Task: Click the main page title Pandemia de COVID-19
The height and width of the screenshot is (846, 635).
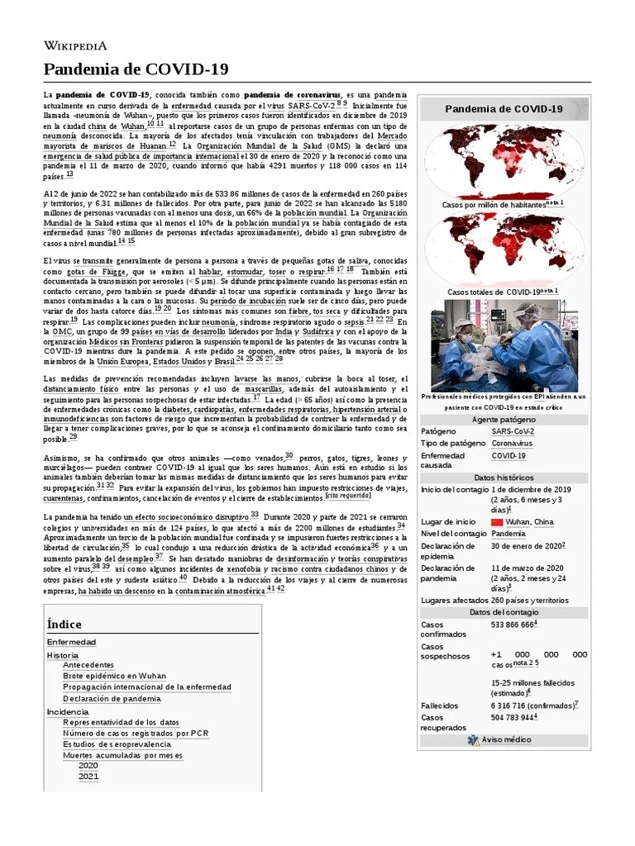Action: (136, 69)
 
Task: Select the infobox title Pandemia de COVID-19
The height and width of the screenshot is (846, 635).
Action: (504, 109)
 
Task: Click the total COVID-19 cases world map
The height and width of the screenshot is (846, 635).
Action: (504, 249)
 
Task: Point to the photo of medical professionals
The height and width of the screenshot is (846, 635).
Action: (504, 345)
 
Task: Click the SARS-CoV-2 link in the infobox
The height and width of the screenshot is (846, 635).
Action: (513, 431)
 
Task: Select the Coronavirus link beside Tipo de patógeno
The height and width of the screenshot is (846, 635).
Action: (512, 444)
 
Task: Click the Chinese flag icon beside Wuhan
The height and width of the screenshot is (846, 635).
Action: (497, 522)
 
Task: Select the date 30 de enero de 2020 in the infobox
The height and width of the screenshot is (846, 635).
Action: (527, 546)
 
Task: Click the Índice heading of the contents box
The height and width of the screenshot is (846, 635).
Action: (64, 624)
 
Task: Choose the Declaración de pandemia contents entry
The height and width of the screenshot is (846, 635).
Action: (112, 698)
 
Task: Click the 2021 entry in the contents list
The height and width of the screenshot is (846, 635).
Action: (88, 777)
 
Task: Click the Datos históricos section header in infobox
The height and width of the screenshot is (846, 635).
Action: (504, 478)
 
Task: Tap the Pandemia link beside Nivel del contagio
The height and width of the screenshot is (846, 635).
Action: (508, 534)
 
